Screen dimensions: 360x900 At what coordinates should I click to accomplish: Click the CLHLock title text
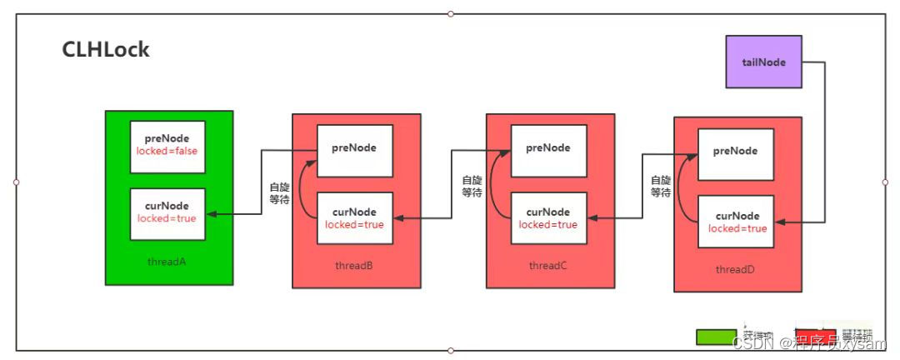click(106, 50)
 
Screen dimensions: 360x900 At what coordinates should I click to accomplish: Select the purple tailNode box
click(763, 62)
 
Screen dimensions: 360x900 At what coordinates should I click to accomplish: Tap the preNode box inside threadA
click(167, 146)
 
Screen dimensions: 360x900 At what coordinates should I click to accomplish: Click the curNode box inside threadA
click(167, 213)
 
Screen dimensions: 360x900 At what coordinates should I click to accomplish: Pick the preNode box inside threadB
click(354, 151)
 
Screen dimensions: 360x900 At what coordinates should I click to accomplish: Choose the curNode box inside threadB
click(354, 218)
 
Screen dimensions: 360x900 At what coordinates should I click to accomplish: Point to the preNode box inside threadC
click(547, 151)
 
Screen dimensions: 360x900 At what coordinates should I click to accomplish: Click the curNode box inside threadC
click(547, 218)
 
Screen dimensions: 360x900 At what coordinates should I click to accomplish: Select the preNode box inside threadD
click(735, 155)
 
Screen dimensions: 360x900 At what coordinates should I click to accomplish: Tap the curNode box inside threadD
click(735, 222)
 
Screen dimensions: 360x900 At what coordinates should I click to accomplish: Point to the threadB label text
click(353, 266)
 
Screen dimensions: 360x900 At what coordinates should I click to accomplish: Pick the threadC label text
click(547, 266)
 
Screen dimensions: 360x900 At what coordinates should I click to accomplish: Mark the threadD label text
click(736, 270)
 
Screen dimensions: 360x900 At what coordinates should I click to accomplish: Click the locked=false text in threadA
click(167, 152)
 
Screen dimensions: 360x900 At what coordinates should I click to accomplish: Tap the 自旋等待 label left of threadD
click(660, 186)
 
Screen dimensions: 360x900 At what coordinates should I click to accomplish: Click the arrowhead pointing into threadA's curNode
click(209, 214)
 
